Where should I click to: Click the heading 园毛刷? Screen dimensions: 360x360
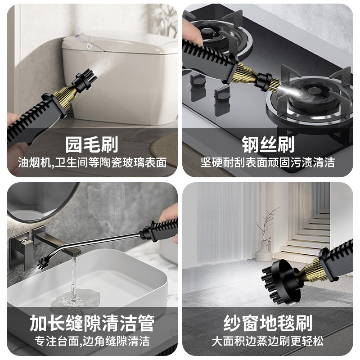pos(92,144)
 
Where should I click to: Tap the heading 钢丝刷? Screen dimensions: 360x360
pos(268,144)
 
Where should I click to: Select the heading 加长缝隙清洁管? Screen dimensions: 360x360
pos(92,323)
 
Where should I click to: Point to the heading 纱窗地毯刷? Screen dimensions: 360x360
pos(268,323)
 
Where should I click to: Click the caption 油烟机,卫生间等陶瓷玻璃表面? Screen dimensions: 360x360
pos(92,162)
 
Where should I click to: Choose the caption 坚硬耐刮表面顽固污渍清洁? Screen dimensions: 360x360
pos(268,162)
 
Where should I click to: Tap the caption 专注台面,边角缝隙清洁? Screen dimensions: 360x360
pos(92,341)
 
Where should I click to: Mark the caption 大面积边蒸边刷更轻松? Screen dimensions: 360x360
pos(268,341)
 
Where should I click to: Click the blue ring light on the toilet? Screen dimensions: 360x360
pos(89,47)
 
